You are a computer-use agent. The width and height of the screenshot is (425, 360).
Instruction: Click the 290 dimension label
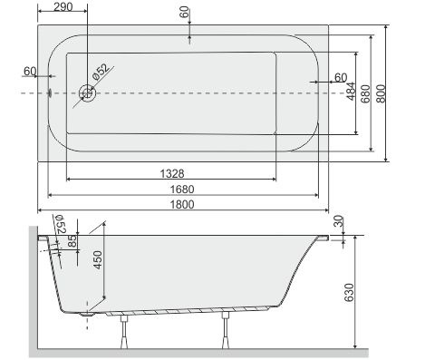point(63,6)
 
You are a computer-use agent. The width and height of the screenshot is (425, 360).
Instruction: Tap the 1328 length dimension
point(172,173)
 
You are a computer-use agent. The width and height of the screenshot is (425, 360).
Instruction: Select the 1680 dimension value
point(182,190)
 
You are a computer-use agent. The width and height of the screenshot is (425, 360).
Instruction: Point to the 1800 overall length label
point(182,204)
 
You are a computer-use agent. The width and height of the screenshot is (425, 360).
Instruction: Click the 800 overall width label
point(382,93)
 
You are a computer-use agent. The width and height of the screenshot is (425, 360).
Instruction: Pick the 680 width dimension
point(365,93)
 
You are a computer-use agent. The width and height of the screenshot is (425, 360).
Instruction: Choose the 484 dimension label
point(351,91)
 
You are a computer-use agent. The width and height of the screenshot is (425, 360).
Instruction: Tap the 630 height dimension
point(349,292)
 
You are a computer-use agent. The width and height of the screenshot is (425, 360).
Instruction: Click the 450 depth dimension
point(98,260)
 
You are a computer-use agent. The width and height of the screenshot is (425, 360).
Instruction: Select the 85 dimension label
point(72,241)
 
